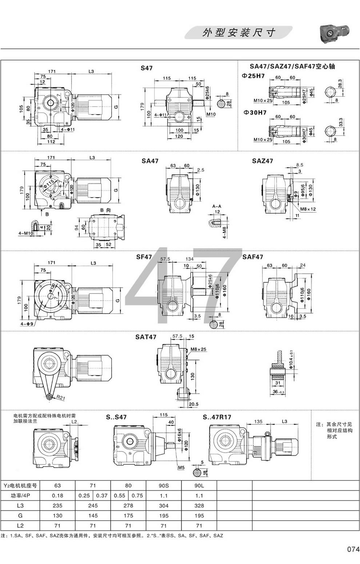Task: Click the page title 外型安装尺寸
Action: [x=239, y=32]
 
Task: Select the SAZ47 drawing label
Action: [x=262, y=161]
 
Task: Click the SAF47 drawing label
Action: [x=253, y=257]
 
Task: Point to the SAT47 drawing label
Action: [x=146, y=337]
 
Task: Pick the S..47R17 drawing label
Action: [x=217, y=417]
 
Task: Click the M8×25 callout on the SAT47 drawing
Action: [x=199, y=349]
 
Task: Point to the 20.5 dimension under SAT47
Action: [x=193, y=404]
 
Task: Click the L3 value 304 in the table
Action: [x=164, y=505]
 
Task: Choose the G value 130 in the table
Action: [x=57, y=516]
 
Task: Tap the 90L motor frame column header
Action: [x=199, y=485]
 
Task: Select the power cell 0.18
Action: [x=57, y=496]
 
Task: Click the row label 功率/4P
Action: [x=20, y=496]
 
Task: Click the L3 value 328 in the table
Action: [x=199, y=505]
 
